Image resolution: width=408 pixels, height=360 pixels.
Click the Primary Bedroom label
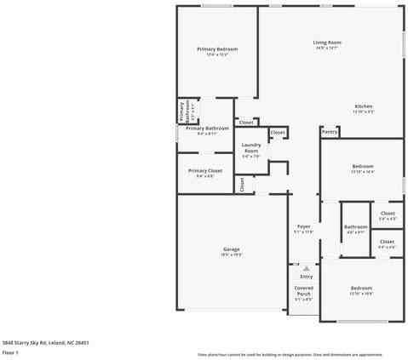[x=217, y=49]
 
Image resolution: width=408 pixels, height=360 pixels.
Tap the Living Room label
[x=327, y=42]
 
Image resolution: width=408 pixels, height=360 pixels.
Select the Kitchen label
[x=364, y=106]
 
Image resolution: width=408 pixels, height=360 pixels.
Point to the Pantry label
[x=330, y=132]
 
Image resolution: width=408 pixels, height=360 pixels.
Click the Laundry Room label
[x=251, y=148]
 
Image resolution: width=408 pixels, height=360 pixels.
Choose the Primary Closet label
[x=205, y=170]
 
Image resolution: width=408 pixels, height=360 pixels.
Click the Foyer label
[x=303, y=226]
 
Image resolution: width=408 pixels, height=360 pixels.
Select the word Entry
[x=306, y=277]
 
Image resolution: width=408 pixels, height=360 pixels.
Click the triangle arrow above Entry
[x=306, y=267]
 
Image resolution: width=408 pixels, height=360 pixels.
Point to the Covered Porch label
[x=303, y=292]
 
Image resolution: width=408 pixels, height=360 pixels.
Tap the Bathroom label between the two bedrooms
[x=355, y=227]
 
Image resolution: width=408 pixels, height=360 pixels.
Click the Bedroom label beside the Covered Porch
[x=361, y=289]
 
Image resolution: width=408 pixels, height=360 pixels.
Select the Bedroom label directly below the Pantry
[x=363, y=166]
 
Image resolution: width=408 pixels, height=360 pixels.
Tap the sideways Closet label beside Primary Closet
[x=242, y=183]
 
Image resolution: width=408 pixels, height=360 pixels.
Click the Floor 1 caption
[x=10, y=351]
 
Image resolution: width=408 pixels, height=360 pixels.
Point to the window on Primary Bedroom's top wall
[x=216, y=6]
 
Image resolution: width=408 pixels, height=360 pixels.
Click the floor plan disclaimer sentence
[x=290, y=354]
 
